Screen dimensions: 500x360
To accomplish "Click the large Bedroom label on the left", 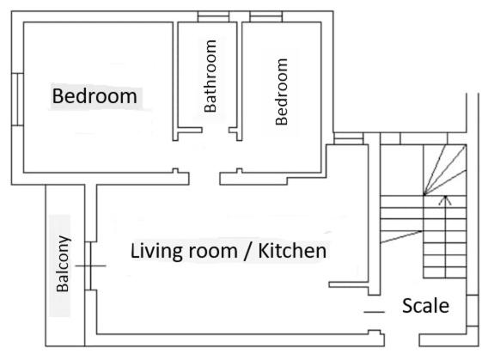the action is point(95,96).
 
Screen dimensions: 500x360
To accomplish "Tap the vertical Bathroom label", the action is point(210,76).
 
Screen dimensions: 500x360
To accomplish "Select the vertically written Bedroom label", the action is point(282,92).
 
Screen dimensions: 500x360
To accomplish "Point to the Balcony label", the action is point(63,264).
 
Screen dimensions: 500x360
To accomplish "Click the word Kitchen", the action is point(292,251).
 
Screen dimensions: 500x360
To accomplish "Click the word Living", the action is point(156,251).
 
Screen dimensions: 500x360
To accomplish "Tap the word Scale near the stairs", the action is point(426,306).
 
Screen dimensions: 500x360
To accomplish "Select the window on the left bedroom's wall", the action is point(17,99).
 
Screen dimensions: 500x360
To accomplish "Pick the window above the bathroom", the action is point(213,16).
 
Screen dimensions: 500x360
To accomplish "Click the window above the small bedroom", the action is point(266,16).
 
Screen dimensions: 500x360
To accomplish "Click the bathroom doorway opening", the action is point(216,130).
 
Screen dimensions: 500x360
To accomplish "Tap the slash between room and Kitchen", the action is point(247,252).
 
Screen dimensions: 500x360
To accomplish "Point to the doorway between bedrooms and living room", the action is point(204,179).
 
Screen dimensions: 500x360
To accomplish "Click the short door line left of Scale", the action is point(375,312).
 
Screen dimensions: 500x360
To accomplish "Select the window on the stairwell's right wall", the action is point(473,310).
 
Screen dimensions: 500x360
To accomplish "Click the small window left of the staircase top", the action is point(349,138).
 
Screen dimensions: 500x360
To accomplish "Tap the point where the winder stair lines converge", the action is point(424,195).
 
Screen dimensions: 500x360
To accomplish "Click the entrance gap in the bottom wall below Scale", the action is point(402,340).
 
